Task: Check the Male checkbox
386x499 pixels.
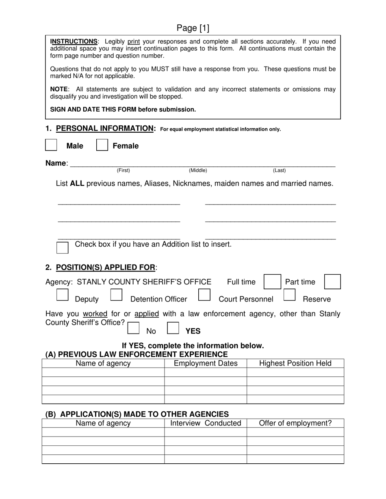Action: point(51,145)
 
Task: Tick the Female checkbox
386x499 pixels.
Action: point(102,145)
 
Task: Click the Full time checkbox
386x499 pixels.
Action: point(272,282)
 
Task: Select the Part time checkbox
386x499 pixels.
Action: point(332,282)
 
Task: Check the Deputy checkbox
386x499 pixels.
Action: point(62,295)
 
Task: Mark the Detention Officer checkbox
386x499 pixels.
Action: point(116,295)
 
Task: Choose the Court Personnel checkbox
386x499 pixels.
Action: point(204,295)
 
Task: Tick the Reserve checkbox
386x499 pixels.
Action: point(289,295)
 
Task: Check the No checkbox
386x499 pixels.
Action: point(133,328)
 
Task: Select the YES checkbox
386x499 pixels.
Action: point(173,328)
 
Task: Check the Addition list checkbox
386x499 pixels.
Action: point(63,247)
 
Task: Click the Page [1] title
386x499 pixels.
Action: point(193,28)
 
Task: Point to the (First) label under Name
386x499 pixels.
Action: point(124,170)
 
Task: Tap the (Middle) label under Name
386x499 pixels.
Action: point(198,170)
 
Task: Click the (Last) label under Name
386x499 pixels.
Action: point(279,170)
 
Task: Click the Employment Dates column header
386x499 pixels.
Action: point(206,363)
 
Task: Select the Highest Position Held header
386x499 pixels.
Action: point(295,363)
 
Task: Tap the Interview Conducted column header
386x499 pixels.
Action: point(206,424)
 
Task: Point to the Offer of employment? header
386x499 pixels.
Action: point(295,424)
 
